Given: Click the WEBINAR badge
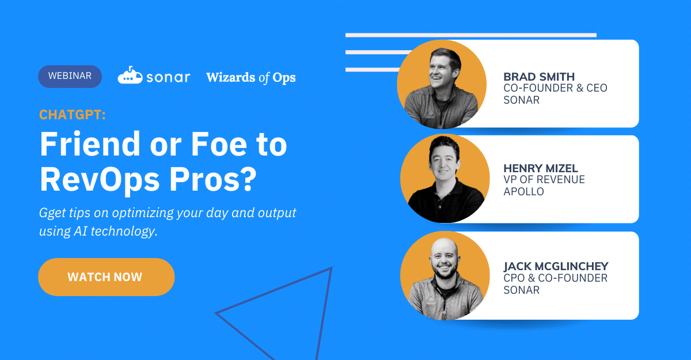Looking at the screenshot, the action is tap(70, 76).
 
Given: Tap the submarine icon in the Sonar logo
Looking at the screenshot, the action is tap(130, 75).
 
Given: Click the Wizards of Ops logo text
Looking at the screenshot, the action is tap(251, 78).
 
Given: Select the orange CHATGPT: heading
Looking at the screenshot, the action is tap(73, 115).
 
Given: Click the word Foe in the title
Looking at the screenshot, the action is tap(219, 144).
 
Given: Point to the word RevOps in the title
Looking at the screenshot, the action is tap(100, 180).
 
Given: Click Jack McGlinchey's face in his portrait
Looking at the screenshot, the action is tap(444, 260).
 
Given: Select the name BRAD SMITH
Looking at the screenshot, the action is tap(539, 77).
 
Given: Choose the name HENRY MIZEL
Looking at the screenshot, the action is tap(541, 168).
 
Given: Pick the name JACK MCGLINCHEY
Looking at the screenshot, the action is tap(556, 266).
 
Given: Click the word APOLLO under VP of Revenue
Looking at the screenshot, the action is tap(524, 192).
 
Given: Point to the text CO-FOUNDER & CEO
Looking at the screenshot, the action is tap(555, 88).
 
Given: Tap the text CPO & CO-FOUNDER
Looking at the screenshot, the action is tap(555, 278).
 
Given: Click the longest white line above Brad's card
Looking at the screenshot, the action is tap(471, 35).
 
